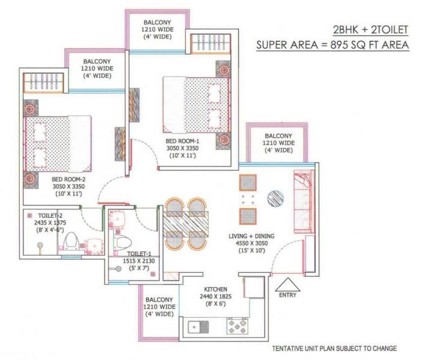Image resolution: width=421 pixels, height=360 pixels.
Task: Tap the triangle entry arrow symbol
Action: pos(286,283)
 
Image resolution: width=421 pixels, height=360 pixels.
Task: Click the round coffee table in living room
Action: pos(274,198)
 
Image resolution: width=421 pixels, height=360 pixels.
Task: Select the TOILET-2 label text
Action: pos(43,214)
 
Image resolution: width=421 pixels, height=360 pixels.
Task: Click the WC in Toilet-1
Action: pos(124,241)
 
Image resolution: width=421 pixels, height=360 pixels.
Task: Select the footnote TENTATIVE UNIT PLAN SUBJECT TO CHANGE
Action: pos(334,349)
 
